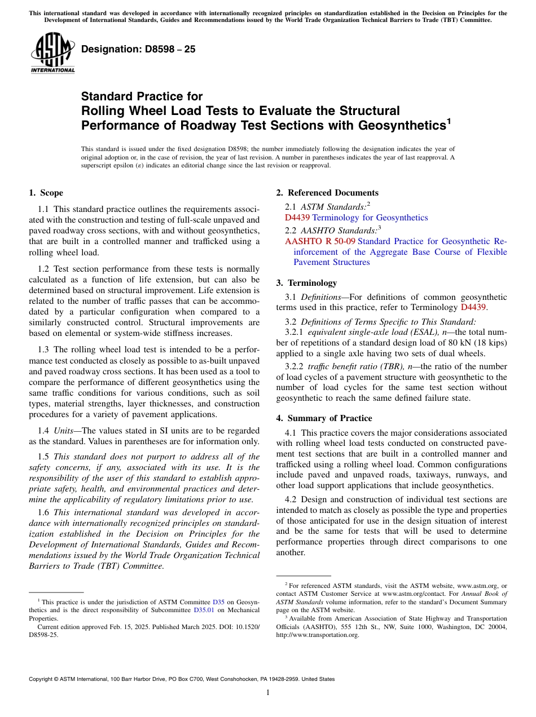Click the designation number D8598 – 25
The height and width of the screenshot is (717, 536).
coord(138,49)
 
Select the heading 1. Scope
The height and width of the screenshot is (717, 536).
coord(46,193)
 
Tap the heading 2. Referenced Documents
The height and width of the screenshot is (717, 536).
coord(327,193)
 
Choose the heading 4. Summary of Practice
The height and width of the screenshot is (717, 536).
coord(324,418)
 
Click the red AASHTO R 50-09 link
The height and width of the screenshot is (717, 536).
coord(320,241)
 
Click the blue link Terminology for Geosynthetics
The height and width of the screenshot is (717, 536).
coord(370,218)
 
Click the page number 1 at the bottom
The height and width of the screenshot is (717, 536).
coord(268,693)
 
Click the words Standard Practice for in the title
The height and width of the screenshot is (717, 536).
coord(142,96)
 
